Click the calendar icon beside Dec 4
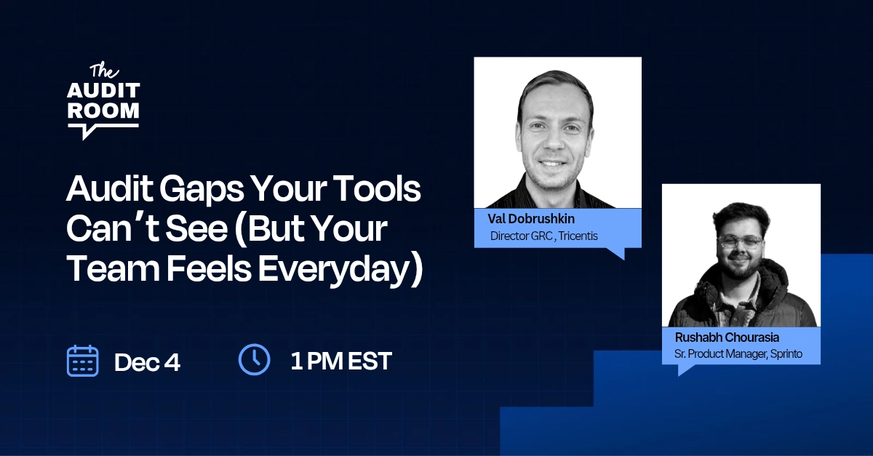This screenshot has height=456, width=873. pos(83,361)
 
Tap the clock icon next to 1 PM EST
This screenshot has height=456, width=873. pos(255,359)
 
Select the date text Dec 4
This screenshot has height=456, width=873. pos(147,361)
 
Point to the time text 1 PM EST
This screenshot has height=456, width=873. pos(341,361)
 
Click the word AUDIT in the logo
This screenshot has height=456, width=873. pos(103,92)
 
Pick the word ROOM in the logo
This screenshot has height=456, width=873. pos(103,111)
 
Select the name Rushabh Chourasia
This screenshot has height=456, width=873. pos(727,337)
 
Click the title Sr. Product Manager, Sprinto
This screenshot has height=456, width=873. pos(738,355)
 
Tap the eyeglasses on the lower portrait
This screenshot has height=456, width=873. pos(740,241)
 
